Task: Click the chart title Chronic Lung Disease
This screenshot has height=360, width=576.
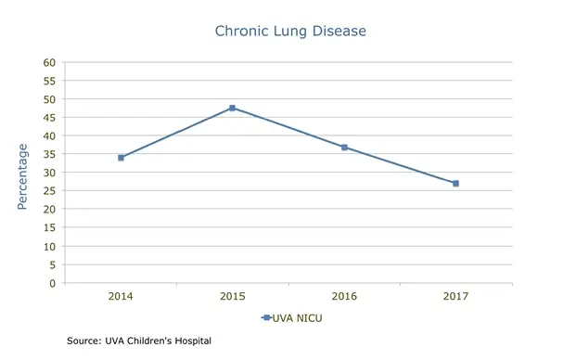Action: click(x=290, y=32)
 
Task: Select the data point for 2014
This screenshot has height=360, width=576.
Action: click(x=121, y=158)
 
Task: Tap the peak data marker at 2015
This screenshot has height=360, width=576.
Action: click(x=232, y=109)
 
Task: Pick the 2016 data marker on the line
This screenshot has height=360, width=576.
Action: click(x=344, y=148)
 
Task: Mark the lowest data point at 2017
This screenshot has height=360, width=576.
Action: click(x=455, y=184)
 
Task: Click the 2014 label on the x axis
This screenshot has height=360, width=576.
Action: click(x=121, y=297)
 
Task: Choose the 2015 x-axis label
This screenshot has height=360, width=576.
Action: click(x=232, y=297)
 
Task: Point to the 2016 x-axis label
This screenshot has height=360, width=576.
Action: click(x=344, y=297)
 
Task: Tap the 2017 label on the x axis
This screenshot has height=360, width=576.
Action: click(x=455, y=297)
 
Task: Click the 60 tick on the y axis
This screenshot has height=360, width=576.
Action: click(x=50, y=62)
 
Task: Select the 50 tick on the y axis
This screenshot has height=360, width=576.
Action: click(x=50, y=99)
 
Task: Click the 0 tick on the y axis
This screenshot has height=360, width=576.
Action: click(x=53, y=283)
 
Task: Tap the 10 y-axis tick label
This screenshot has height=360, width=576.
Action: click(x=50, y=246)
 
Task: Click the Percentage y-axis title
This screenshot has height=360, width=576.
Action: click(x=22, y=176)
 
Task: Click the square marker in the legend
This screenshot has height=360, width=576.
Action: click(x=266, y=318)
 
